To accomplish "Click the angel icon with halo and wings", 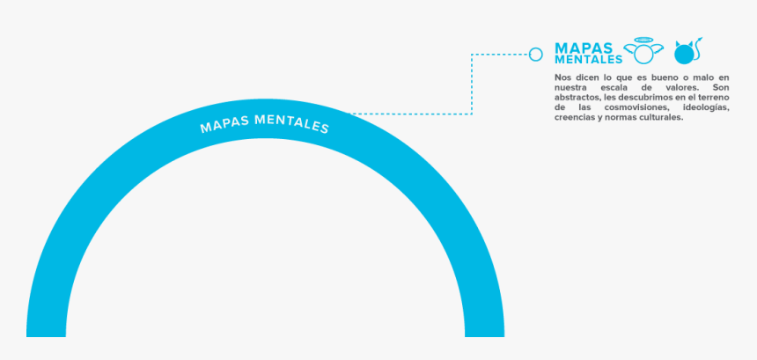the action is click(x=643, y=51).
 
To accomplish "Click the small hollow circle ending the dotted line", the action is click(x=536, y=55).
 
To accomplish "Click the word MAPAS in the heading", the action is click(x=584, y=48).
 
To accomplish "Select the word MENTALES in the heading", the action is click(x=589, y=60).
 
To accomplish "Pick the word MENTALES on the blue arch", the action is click(x=291, y=123).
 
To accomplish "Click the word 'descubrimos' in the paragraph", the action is click(x=642, y=98).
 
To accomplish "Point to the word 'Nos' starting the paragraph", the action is click(x=562, y=77).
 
